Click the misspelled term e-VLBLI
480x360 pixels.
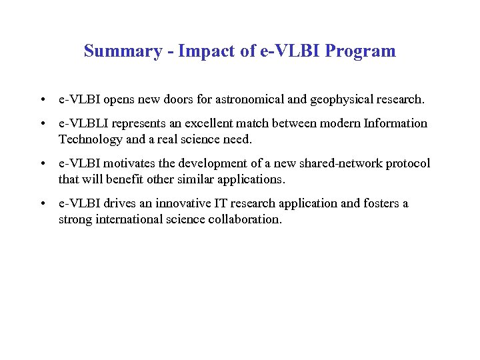click(x=83, y=123)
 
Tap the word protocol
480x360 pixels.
click(x=407, y=163)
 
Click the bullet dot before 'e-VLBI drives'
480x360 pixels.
click(x=42, y=204)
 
